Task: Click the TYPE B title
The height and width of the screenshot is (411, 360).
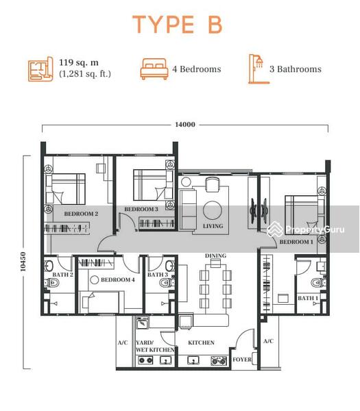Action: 178,25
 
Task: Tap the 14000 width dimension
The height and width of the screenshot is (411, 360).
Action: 185,124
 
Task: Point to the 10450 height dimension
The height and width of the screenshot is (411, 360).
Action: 23,262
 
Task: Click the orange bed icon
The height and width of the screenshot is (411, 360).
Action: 154,68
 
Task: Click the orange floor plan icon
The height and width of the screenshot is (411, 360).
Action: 40,69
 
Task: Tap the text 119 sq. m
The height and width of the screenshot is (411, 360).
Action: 79,62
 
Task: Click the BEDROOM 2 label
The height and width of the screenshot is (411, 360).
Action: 81,214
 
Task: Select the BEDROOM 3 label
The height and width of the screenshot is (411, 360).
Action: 141,209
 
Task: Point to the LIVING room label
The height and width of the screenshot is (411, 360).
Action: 213,225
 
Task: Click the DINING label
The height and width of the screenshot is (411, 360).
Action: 215,256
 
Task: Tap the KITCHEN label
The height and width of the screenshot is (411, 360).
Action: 201,342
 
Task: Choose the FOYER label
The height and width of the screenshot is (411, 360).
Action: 242,360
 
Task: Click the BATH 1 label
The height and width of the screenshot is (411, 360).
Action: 308,298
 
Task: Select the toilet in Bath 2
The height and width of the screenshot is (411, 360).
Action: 51,282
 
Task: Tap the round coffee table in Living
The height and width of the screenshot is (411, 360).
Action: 213,210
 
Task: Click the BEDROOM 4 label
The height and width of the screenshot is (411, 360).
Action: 118,279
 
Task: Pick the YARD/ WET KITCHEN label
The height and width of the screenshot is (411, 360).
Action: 155,346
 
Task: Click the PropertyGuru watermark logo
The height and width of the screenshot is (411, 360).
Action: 305,229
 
